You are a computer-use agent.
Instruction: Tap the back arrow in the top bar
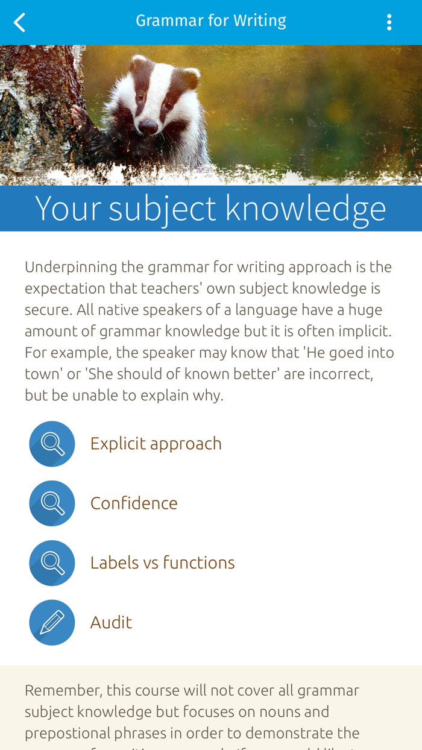pyautogui.click(x=20, y=23)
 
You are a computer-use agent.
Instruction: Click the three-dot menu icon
pyautogui.click(x=389, y=22)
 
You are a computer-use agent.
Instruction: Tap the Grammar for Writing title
pyautogui.click(x=210, y=21)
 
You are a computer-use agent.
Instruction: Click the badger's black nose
pyautogui.click(x=148, y=125)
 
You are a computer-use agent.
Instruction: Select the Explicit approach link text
pyautogui.click(x=156, y=444)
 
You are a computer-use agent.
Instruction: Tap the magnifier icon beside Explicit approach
pyautogui.click(x=52, y=444)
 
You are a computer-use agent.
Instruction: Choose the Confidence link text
pyautogui.click(x=134, y=503)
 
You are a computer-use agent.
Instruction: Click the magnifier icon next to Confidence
pyautogui.click(x=52, y=503)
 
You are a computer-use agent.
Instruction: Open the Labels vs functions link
pyautogui.click(x=162, y=563)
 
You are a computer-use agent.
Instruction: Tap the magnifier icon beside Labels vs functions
pyautogui.click(x=52, y=563)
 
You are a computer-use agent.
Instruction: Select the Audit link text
pyautogui.click(x=111, y=623)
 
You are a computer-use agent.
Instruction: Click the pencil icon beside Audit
pyautogui.click(x=52, y=623)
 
